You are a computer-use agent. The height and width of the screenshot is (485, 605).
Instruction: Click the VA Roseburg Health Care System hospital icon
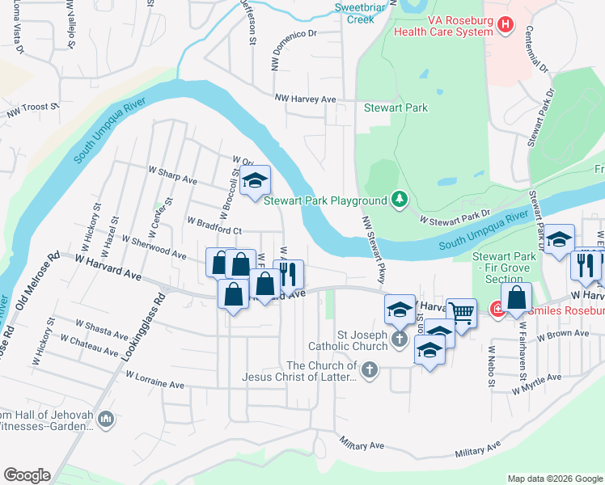[x=506, y=25]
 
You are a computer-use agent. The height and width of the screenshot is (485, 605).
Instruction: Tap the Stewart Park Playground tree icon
[x=398, y=199]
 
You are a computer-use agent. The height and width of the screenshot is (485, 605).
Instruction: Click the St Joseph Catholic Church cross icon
[x=399, y=339]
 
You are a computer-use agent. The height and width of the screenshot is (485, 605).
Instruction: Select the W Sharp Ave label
[x=172, y=179]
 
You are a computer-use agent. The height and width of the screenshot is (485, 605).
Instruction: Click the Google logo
[x=27, y=475]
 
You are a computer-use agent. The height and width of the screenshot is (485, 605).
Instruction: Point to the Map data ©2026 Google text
[x=554, y=479]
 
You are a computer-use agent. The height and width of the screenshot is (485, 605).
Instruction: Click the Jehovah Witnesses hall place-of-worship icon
[x=107, y=419]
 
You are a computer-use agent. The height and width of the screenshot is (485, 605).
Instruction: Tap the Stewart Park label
[x=396, y=108]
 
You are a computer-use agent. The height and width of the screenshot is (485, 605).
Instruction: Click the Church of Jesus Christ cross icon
[x=369, y=371]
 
